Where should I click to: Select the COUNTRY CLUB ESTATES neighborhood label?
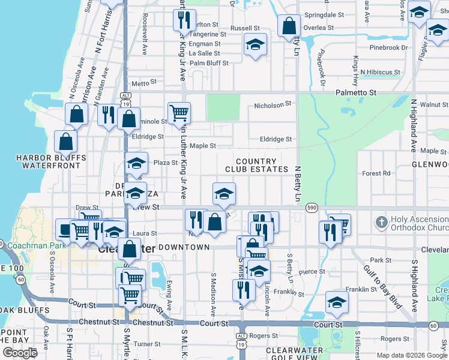click(x=256, y=166)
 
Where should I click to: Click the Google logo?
click(x=20, y=353)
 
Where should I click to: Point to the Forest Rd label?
click(x=376, y=173)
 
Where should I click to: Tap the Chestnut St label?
click(x=149, y=323)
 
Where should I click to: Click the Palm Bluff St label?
click(x=209, y=63)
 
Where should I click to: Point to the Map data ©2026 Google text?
click(x=412, y=355)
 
